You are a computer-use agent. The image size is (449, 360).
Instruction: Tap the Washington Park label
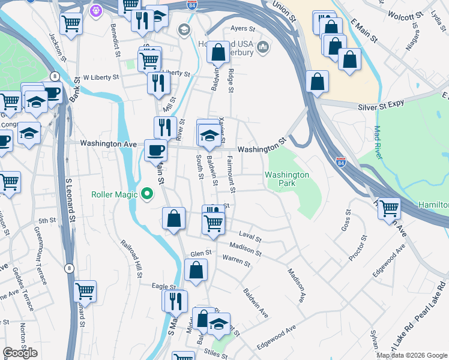coord(287,179)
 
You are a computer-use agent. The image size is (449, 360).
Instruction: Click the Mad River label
coord(378,142)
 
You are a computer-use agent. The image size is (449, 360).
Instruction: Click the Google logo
coord(20,353)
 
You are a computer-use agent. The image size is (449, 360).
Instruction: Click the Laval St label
coord(250,238)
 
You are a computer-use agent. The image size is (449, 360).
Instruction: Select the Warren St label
coord(236,260)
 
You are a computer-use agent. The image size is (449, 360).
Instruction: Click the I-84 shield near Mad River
coord(342,162)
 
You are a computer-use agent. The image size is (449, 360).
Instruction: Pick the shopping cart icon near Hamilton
coord(389,208)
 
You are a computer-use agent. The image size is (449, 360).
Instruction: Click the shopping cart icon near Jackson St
coord(71,24)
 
